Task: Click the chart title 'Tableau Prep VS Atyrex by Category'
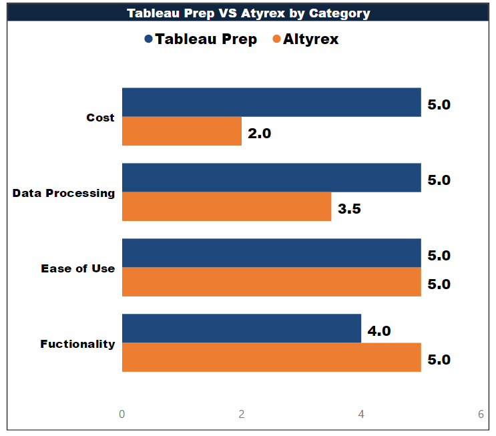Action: tap(248, 13)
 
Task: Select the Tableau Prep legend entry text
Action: tap(206, 39)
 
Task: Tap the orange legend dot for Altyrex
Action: tap(276, 39)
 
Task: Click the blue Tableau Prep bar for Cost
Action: tap(271, 102)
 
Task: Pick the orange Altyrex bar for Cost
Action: tap(182, 132)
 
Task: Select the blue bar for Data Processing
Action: tap(271, 178)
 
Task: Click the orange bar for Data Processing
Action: tap(226, 207)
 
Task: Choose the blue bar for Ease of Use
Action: tap(271, 253)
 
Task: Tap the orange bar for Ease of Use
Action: tap(271, 282)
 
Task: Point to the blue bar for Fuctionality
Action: tap(241, 329)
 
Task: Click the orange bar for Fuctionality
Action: tap(271, 357)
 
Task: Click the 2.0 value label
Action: tap(259, 134)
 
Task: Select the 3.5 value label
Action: tap(349, 209)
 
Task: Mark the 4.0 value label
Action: tap(379, 331)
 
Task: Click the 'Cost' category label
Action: tap(100, 118)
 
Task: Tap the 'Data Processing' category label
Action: tap(63, 193)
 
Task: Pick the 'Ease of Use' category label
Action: tap(77, 268)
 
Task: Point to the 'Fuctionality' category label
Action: tap(77, 344)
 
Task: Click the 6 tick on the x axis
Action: tap(481, 414)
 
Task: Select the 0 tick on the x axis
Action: tap(121, 414)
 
